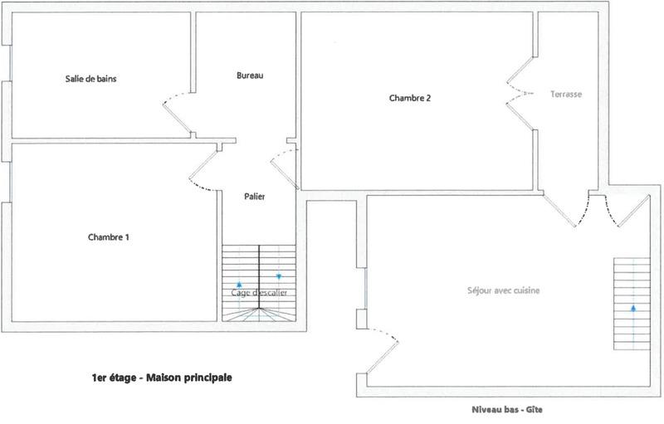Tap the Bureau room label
250,76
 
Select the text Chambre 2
410,98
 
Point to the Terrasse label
566,95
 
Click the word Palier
255,197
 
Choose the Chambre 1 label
109,237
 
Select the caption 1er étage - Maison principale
162,377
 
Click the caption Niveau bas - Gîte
505,409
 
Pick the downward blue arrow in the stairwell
279,276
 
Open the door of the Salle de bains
178,115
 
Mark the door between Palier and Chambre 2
285,165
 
